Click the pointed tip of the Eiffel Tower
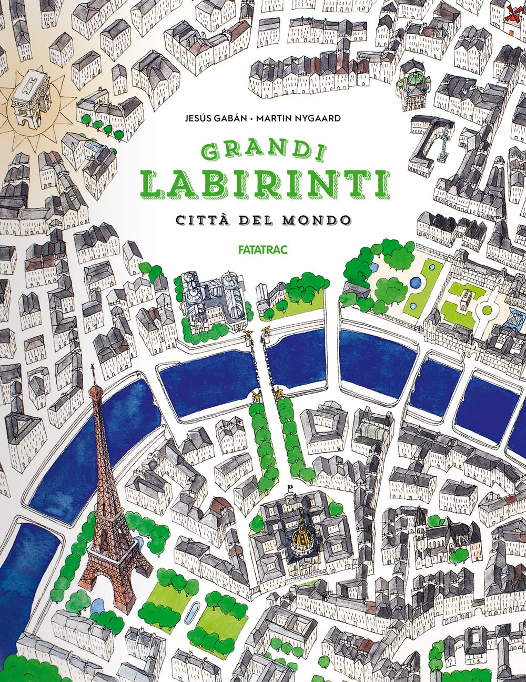pyautogui.click(x=93, y=366)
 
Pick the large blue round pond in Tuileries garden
pyautogui.click(x=416, y=283)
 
